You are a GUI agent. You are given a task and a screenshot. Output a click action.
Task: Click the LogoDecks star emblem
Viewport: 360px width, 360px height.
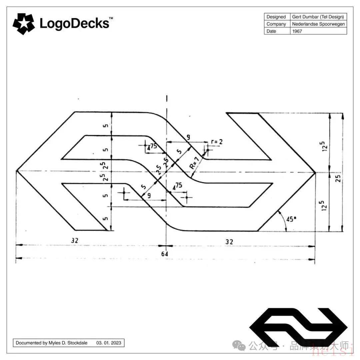click(23, 24)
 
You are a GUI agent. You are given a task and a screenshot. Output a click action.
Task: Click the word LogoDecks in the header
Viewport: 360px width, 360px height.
click(74, 24)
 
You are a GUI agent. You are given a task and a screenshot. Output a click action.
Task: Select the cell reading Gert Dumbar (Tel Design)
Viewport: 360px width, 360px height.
click(318, 17)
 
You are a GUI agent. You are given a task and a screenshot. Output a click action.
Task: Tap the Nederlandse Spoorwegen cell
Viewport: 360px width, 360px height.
click(318, 24)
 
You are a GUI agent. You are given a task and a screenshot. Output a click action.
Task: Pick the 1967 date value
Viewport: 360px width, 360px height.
click(297, 31)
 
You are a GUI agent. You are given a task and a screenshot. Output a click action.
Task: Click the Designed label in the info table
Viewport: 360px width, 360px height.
click(276, 17)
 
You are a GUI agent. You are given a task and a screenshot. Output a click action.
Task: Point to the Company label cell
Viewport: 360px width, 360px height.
click(276, 24)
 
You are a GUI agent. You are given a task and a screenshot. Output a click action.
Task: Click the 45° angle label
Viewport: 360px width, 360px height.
click(291, 219)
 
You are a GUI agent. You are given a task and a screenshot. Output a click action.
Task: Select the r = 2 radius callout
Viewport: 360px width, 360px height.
click(217, 142)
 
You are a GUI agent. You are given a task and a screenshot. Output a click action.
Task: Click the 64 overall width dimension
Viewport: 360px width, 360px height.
click(165, 254)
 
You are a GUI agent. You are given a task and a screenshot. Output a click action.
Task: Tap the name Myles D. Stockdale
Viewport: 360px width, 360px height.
click(68, 343)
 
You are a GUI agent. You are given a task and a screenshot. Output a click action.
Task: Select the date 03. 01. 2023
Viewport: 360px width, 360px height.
click(109, 343)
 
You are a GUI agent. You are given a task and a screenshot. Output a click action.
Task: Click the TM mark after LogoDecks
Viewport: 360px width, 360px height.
click(111, 18)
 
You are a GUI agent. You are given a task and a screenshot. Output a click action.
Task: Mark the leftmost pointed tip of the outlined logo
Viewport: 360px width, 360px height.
click(17, 171)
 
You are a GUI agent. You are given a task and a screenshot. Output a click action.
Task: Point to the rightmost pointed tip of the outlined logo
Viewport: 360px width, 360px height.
click(315, 172)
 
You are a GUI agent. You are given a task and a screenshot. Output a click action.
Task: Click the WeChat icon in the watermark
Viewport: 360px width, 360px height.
click(239, 345)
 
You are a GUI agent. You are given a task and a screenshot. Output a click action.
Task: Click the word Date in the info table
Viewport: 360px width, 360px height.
click(271, 31)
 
